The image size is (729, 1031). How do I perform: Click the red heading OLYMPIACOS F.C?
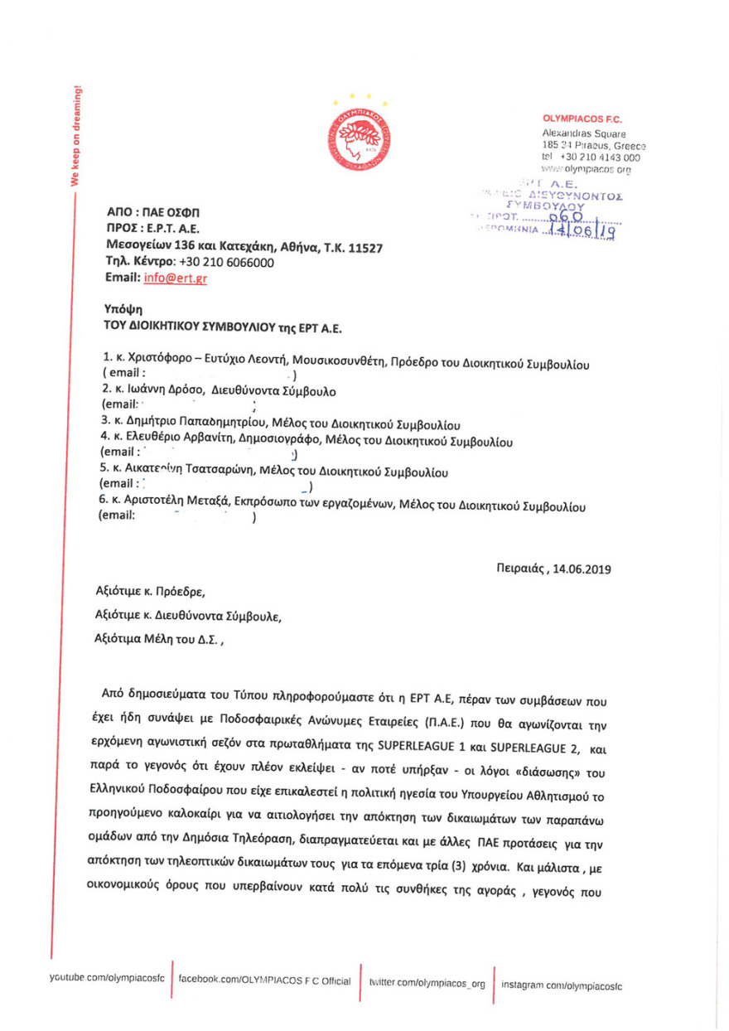click(582, 119)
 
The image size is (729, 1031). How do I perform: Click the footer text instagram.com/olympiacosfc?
click(567, 985)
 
